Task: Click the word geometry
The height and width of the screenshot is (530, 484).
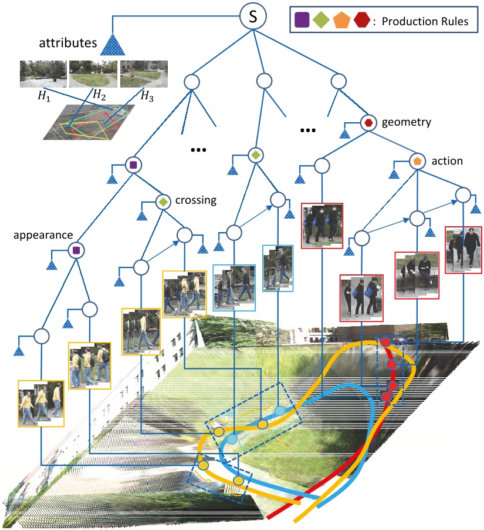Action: tap(407, 122)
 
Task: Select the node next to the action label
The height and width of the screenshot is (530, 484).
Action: tap(417, 160)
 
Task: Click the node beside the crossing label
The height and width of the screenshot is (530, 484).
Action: tap(163, 202)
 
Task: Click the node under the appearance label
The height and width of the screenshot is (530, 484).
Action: tap(75, 251)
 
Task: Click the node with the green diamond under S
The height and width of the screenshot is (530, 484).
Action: tap(255, 155)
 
